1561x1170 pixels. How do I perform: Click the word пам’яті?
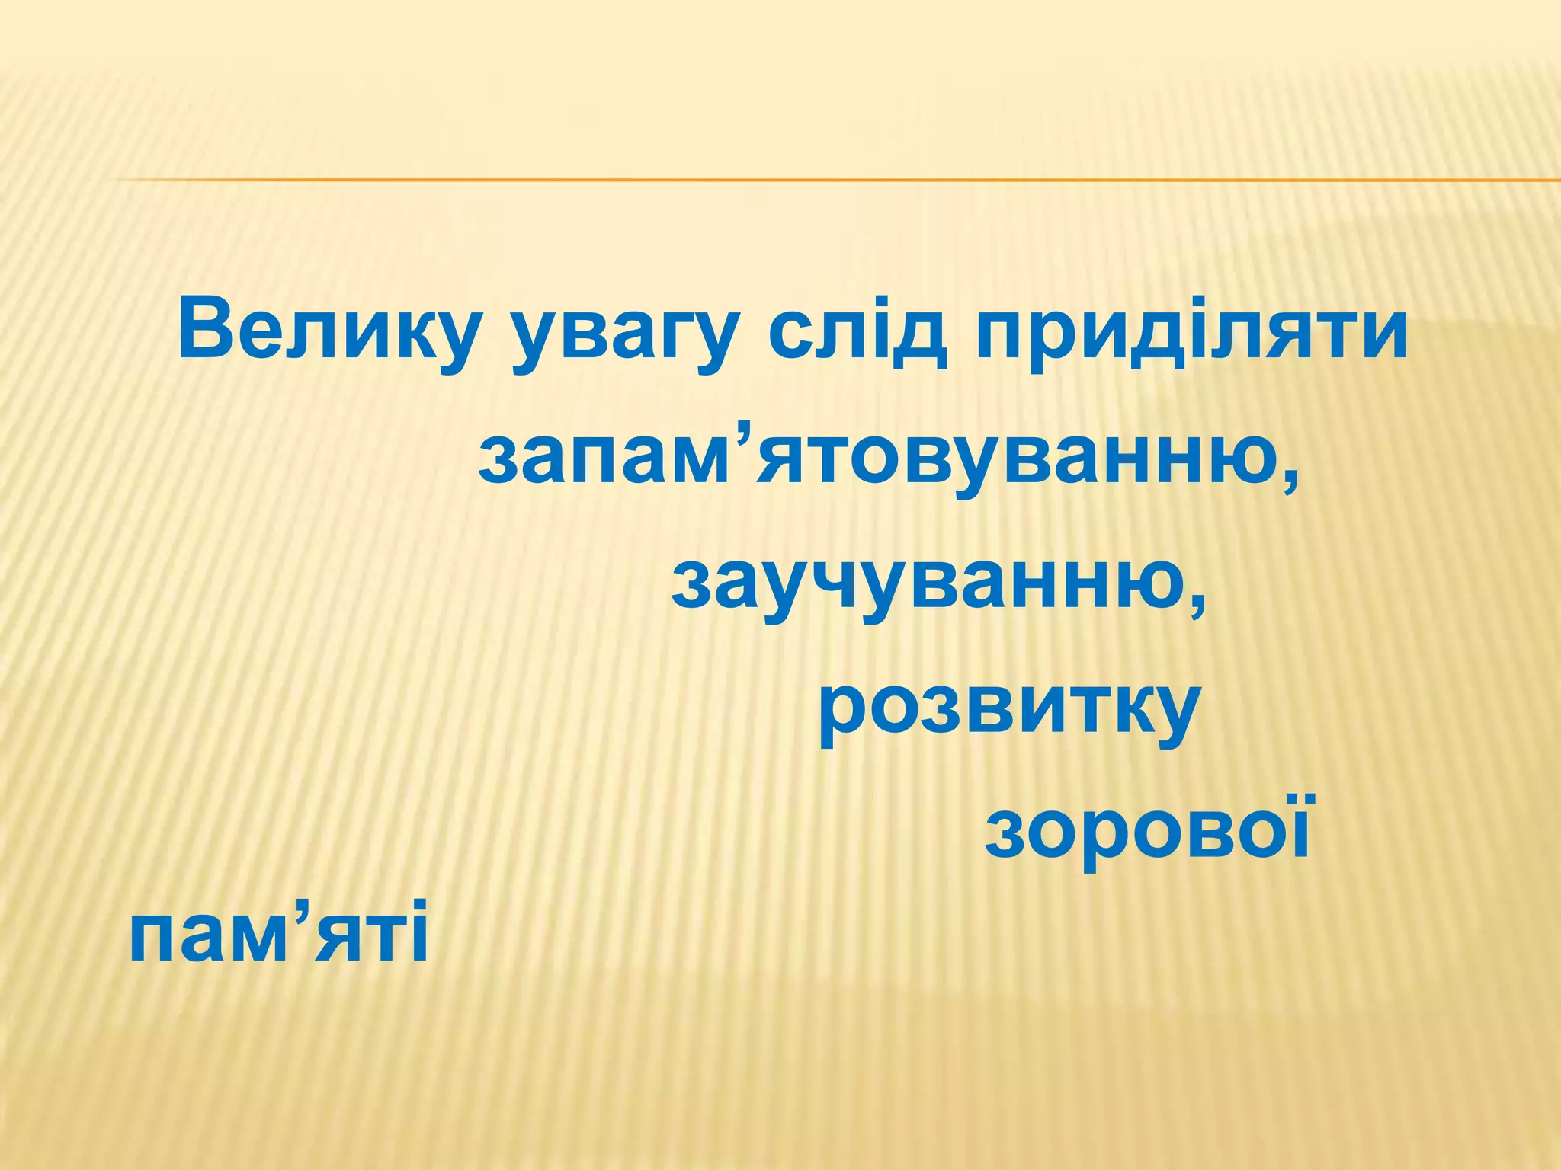pyautogui.click(x=278, y=934)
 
